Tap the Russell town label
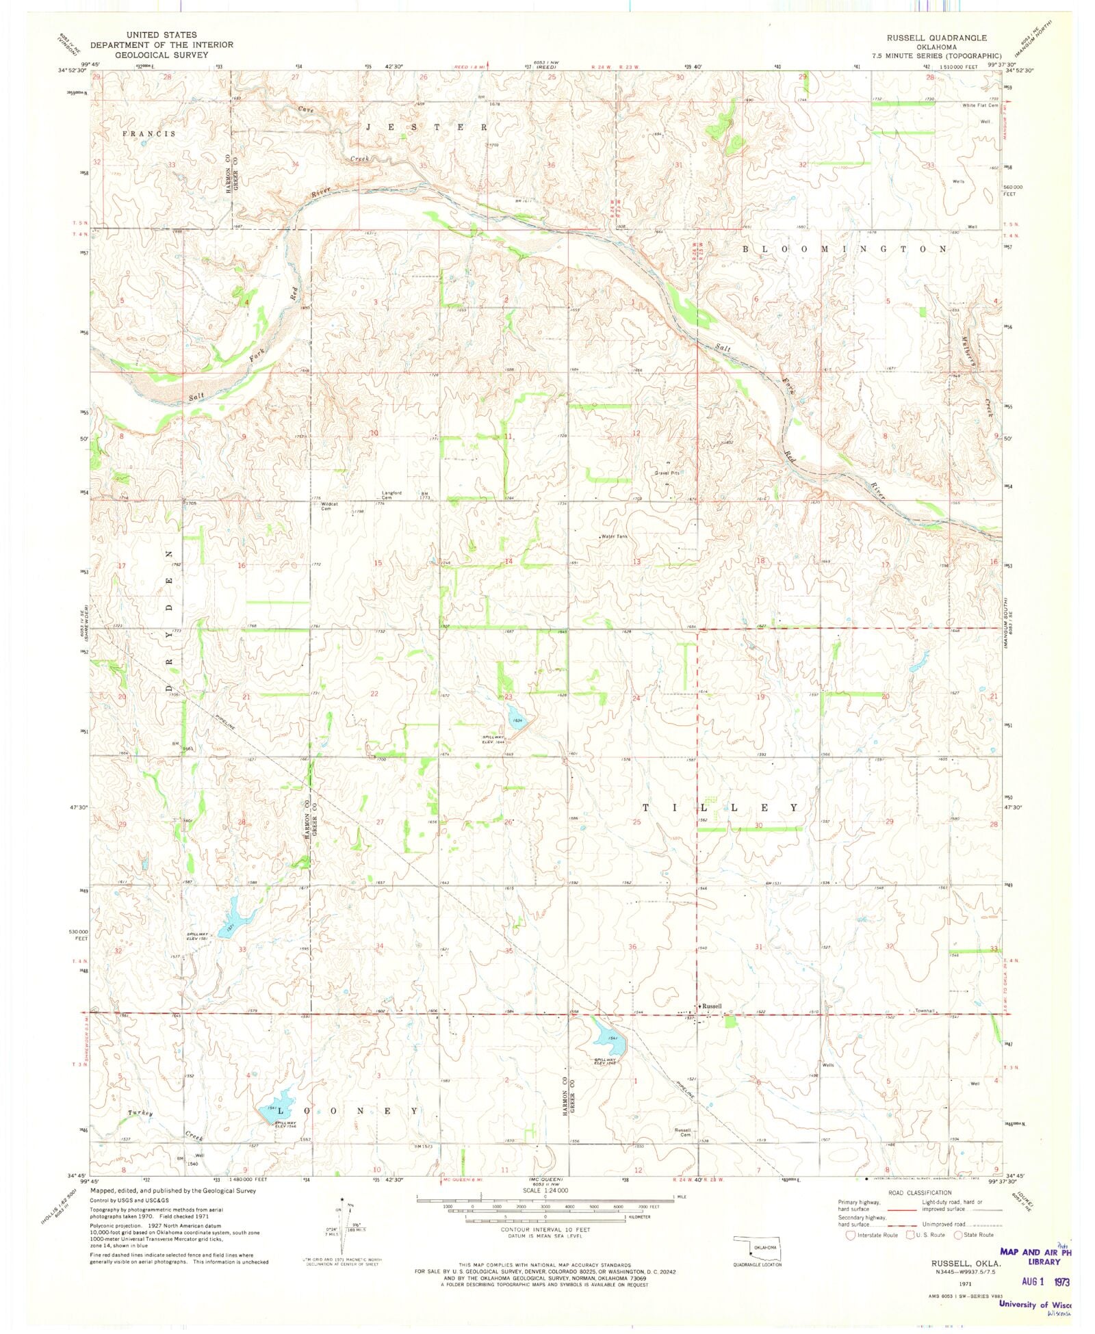coord(712,1006)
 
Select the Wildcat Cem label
coord(331,507)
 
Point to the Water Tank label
coord(615,536)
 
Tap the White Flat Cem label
coord(980,105)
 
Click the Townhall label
coord(925,1010)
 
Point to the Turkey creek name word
coord(140,1113)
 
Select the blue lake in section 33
coord(233,916)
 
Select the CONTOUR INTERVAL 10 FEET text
coord(545,1229)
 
